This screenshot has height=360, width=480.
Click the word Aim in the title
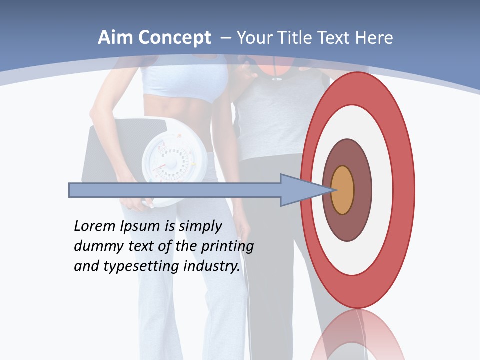(116, 38)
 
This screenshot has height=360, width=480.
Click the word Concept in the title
(174, 38)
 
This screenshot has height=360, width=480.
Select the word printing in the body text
(227, 247)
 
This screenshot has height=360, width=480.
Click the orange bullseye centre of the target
(342, 190)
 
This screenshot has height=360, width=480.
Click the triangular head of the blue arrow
(300, 190)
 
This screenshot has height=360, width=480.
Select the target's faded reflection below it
(357, 337)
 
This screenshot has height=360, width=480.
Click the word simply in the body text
(200, 227)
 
